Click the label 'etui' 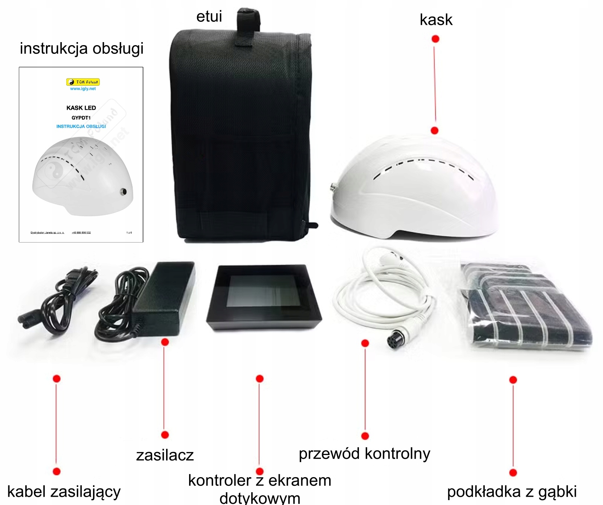209,17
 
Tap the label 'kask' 436,20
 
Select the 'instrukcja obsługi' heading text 82,49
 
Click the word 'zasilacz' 165,455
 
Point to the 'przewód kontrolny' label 364,454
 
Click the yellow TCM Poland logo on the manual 83,82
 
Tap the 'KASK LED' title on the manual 81,108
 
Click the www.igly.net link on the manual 83,89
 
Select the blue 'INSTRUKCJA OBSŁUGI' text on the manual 81,126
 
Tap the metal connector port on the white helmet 333,187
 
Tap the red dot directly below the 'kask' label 435,39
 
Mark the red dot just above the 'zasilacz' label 165,435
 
